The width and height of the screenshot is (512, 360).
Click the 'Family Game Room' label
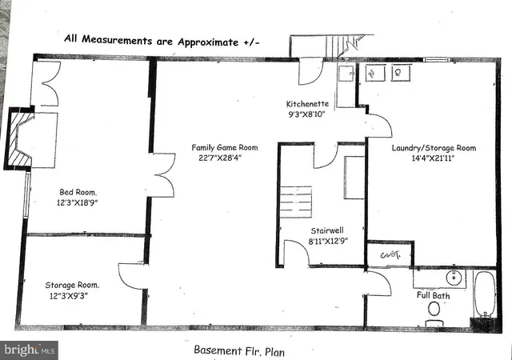(x=224, y=146)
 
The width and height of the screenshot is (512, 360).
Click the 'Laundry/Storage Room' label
(x=434, y=148)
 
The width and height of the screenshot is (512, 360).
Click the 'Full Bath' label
(x=433, y=296)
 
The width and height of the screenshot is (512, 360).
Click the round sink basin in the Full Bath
(x=453, y=278)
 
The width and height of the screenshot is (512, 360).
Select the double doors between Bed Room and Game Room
(x=162, y=176)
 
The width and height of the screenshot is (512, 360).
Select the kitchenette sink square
(x=346, y=74)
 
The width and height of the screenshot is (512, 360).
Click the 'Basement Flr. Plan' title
(x=240, y=350)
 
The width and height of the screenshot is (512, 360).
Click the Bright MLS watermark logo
(x=30, y=350)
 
